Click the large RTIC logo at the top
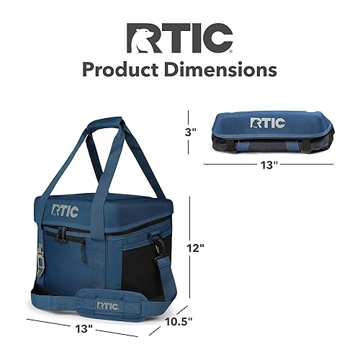[180, 37]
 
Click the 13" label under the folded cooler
[269, 165]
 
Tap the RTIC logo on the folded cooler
[268, 122]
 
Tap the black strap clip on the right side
[154, 244]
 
